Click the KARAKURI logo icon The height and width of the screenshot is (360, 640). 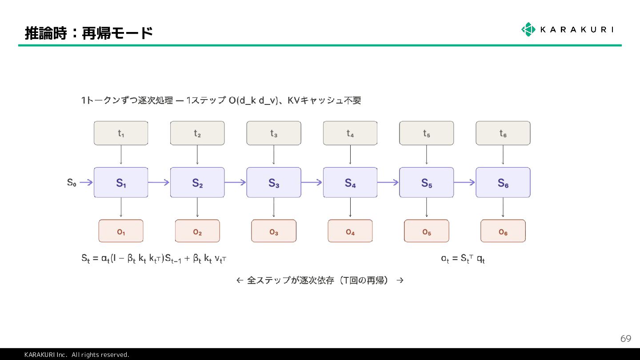pyautogui.click(x=528, y=29)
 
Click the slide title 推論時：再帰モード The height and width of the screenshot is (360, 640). pyautogui.click(x=89, y=33)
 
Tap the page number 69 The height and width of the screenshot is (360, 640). pyautogui.click(x=625, y=339)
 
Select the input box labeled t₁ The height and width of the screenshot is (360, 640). pyautogui.click(x=121, y=133)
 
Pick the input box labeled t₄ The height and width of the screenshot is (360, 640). pyautogui.click(x=350, y=133)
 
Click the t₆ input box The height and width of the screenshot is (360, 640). pyautogui.click(x=503, y=133)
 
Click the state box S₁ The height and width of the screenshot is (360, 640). pyautogui.click(x=121, y=182)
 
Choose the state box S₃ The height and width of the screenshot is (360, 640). pyautogui.click(x=274, y=182)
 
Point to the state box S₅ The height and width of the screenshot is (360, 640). pyautogui.click(x=427, y=182)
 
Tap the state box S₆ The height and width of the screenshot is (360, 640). pyautogui.click(x=503, y=182)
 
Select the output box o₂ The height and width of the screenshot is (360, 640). pyautogui.click(x=197, y=231)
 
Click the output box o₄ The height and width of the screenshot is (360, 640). pyautogui.click(x=350, y=231)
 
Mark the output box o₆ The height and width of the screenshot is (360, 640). pyautogui.click(x=503, y=231)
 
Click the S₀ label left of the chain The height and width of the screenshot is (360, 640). pyautogui.click(x=72, y=182)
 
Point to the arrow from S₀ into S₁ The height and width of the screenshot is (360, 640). pyautogui.click(x=87, y=182)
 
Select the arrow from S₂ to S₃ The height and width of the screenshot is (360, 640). pyautogui.click(x=236, y=182)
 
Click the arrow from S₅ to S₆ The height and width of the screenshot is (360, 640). pyautogui.click(x=465, y=182)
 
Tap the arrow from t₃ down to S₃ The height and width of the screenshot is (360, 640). pyautogui.click(x=274, y=156)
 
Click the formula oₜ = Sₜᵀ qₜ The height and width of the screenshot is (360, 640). pyautogui.click(x=463, y=258)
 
